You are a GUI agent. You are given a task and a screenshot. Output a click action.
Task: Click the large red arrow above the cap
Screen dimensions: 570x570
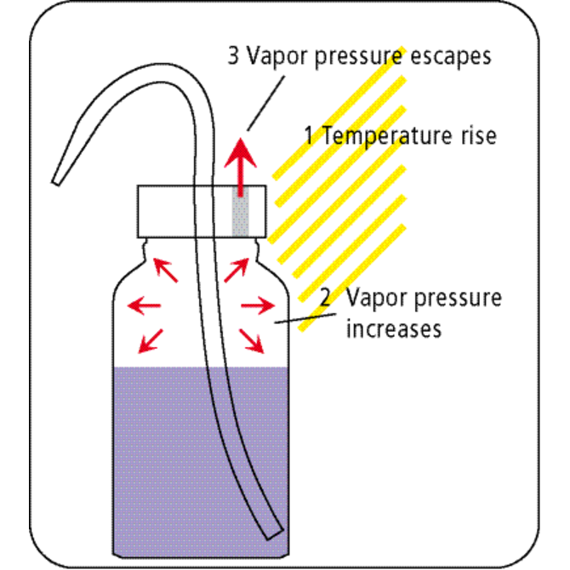point(240,168)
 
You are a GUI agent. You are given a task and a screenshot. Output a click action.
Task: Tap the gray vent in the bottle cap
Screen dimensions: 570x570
point(241,211)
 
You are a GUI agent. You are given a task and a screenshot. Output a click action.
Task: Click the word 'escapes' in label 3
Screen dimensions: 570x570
point(451,57)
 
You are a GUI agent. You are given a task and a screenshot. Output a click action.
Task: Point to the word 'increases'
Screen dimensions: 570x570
point(394,328)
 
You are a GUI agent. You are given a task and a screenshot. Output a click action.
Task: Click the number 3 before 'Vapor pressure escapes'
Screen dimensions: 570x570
point(233,55)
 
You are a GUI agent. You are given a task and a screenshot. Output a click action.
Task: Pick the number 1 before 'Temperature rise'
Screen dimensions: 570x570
point(309,135)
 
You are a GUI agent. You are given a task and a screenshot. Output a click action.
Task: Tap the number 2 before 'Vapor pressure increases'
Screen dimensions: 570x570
point(325,297)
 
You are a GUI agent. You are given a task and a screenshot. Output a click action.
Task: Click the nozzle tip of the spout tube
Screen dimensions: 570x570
point(55,182)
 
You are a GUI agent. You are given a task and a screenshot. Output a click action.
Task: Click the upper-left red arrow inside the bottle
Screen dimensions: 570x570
point(165,270)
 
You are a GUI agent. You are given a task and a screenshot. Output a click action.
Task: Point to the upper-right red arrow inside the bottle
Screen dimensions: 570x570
point(237,270)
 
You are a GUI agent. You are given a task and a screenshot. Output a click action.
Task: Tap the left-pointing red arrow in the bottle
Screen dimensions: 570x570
point(144,305)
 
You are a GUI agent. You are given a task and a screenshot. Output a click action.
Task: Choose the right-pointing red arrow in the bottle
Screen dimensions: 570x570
point(258,305)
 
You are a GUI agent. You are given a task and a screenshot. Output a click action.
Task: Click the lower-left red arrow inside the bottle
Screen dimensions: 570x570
point(151,341)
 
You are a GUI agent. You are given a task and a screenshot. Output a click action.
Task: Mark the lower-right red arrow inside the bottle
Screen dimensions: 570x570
point(251,341)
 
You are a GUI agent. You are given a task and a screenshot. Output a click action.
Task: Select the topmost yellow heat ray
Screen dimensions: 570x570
point(339,113)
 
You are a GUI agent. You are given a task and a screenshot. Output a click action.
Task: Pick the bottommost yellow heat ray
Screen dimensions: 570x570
point(352,277)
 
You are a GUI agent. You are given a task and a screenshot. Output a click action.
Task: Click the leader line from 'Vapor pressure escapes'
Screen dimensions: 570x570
point(266,103)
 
